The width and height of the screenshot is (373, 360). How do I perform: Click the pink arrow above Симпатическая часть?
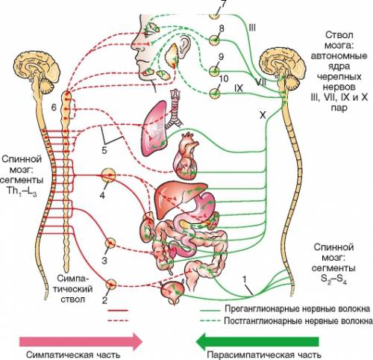(x=81, y=341)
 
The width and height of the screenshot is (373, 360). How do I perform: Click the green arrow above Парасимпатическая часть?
(x=257, y=341)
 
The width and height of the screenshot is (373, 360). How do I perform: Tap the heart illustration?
(x=186, y=157)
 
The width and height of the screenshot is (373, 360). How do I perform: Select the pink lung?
(x=154, y=128)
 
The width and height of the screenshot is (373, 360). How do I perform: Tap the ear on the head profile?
(x=184, y=48)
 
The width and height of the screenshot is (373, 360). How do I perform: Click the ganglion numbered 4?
(x=109, y=176)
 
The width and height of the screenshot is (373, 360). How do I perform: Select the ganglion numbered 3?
(x=110, y=243)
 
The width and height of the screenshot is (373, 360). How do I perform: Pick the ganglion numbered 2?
(x=111, y=285)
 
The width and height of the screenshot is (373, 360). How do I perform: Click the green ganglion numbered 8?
(x=214, y=40)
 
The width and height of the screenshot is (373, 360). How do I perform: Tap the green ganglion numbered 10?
(x=214, y=94)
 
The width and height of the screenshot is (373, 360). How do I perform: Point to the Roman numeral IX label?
(x=238, y=88)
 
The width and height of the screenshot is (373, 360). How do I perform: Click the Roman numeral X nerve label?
(x=263, y=115)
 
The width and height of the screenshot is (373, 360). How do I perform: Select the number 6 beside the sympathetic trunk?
(x=54, y=108)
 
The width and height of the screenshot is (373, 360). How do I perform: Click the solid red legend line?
(x=118, y=311)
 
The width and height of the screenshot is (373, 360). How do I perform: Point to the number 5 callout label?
(x=104, y=150)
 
